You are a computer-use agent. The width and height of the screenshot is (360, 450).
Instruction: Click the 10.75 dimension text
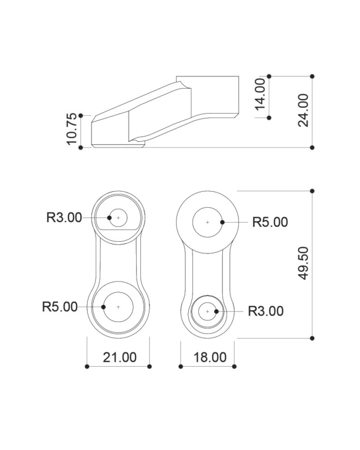click(x=72, y=129)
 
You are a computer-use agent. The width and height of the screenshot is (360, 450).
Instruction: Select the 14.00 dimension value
click(x=260, y=94)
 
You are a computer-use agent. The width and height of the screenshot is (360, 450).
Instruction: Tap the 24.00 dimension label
click(x=303, y=110)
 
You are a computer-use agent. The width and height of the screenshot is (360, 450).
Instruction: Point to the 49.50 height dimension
click(x=303, y=263)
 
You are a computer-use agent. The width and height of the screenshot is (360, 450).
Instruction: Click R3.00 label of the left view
click(x=64, y=217)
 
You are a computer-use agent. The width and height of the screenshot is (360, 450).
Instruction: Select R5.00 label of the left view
click(x=60, y=307)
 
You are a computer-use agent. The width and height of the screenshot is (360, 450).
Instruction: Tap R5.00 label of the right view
click(x=270, y=222)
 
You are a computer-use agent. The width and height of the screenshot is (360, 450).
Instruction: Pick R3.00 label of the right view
click(x=266, y=311)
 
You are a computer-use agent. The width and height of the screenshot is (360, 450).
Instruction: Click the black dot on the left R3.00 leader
click(x=109, y=218)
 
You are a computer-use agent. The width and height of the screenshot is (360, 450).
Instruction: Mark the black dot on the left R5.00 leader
click(x=103, y=307)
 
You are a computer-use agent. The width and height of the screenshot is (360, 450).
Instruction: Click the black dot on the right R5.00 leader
click(x=222, y=222)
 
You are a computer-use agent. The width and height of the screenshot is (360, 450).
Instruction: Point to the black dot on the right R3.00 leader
click(x=217, y=311)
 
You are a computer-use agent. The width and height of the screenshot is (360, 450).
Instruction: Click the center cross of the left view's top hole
click(x=118, y=218)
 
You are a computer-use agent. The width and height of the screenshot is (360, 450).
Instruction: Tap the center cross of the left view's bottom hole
click(x=118, y=307)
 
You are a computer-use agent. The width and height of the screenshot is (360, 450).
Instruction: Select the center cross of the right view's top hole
click(x=208, y=222)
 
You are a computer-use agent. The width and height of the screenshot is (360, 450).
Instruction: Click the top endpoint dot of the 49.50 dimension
click(x=312, y=191)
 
